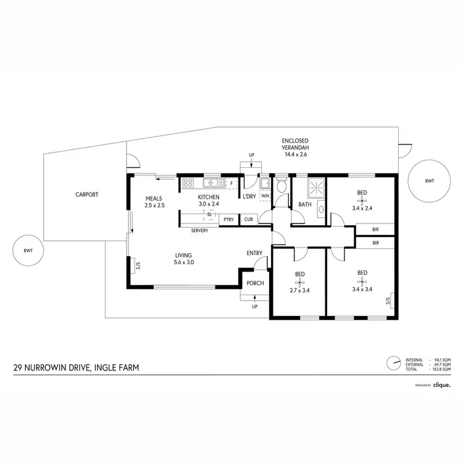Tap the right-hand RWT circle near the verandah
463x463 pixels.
click(428, 181)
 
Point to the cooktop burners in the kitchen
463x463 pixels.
click(188, 183)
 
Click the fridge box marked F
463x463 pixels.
click(231, 183)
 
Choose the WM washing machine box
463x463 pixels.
click(265, 196)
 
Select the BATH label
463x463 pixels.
click(304, 204)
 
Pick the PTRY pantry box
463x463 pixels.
click(228, 219)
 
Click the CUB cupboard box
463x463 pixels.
click(248, 219)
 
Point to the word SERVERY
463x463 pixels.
click(199, 230)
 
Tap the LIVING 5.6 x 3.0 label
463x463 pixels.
click(184, 258)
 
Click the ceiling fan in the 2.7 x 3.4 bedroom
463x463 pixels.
click(300, 283)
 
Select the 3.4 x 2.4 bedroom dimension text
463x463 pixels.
click(362, 208)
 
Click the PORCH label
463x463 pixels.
click(255, 283)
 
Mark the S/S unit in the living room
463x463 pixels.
click(138, 265)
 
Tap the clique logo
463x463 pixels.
click(441, 385)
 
